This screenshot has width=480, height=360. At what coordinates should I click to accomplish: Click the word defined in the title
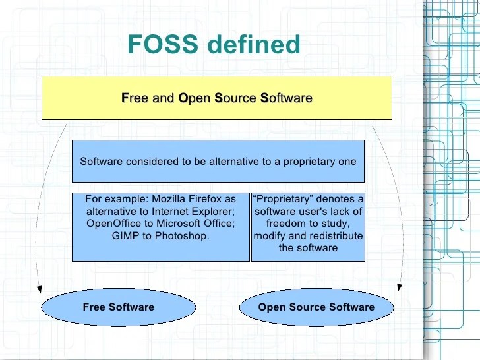tap(253, 44)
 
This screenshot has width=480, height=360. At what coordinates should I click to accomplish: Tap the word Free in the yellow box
tap(135, 98)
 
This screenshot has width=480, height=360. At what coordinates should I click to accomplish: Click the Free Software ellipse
tap(119, 307)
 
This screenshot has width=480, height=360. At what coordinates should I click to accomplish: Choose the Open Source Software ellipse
tap(316, 307)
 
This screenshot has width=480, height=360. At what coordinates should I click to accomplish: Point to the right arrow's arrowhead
tap(399, 286)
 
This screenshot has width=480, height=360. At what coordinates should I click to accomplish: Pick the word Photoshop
tap(182, 235)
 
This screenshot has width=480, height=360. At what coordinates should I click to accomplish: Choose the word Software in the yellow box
tap(286, 98)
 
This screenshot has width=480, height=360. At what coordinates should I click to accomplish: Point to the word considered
tap(148, 162)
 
